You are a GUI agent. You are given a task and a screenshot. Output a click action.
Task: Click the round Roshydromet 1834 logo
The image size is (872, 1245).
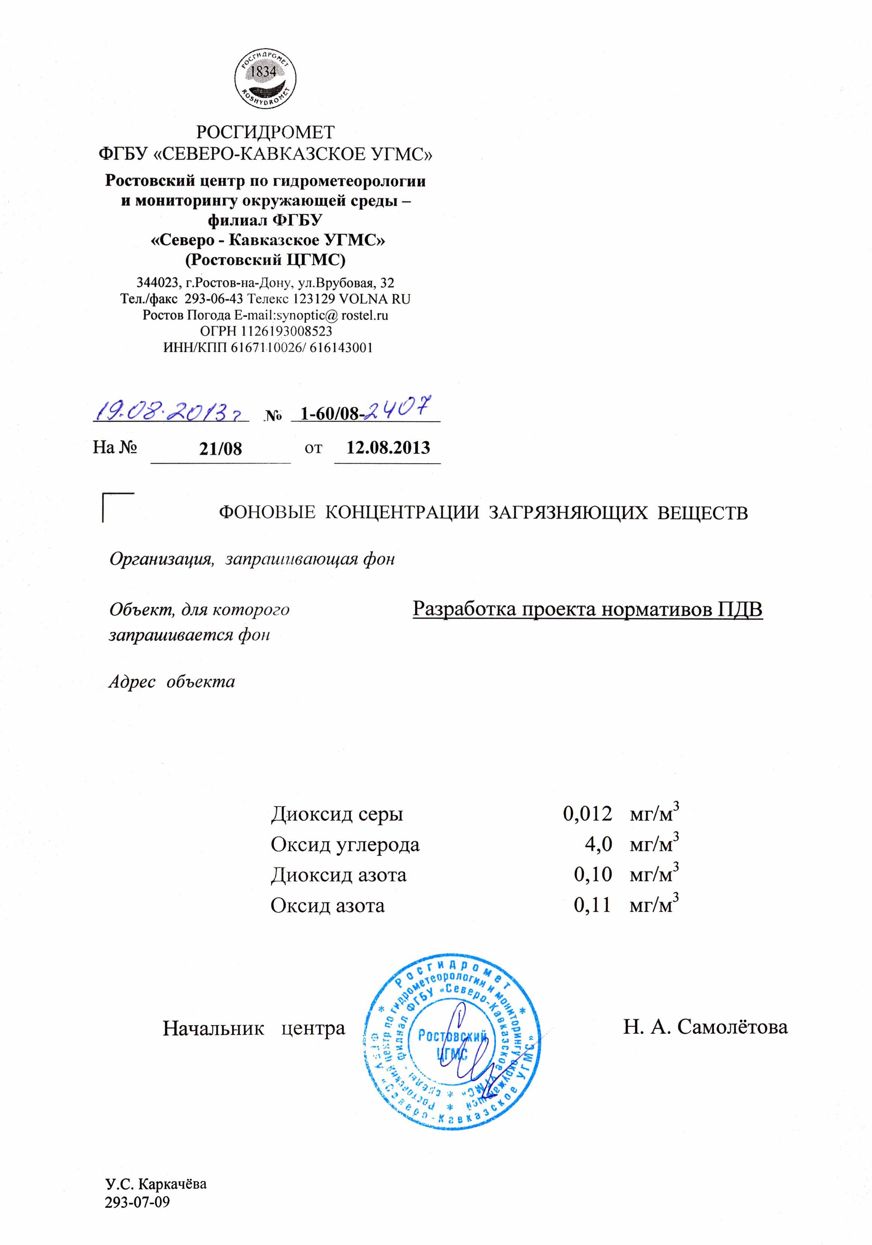coord(265,78)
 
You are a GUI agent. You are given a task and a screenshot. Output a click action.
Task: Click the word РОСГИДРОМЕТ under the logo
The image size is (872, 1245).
coord(265,132)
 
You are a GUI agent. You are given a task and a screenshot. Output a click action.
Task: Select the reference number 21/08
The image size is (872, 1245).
coord(220,448)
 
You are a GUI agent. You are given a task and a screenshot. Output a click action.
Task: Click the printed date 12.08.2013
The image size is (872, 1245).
coord(388,447)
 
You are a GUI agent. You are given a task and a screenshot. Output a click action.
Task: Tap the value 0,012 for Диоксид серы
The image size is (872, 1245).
coord(587,813)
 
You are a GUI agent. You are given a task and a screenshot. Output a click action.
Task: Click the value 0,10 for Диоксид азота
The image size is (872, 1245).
coord(593,874)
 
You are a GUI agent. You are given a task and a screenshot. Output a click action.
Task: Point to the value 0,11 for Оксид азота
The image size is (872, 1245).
coord(592,904)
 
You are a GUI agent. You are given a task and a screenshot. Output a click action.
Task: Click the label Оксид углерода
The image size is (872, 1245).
coord(345,844)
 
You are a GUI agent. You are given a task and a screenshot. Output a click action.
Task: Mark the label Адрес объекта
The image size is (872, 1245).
coord(172,681)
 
